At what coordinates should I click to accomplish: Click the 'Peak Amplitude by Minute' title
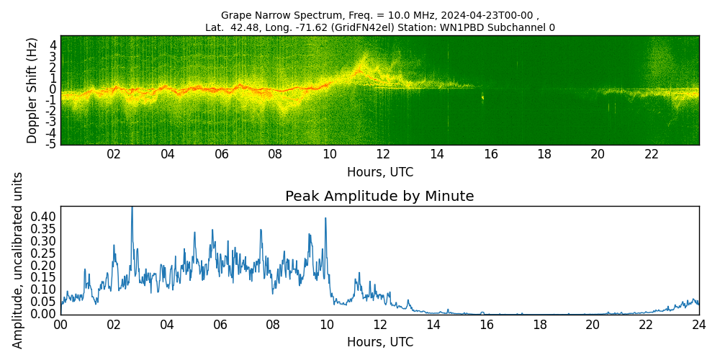(379, 196)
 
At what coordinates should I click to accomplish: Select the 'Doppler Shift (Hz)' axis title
(32, 91)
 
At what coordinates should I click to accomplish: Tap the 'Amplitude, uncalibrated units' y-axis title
(18, 260)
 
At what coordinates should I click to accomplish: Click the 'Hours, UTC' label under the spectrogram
(379, 172)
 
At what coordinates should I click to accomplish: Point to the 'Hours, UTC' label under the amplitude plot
(379, 342)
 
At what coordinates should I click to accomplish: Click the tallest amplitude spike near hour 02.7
(132, 209)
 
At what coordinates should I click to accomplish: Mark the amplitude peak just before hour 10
(325, 218)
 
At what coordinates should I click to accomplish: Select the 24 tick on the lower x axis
(698, 325)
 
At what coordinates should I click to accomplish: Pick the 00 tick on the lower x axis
(60, 325)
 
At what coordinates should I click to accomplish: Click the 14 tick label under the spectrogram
(437, 154)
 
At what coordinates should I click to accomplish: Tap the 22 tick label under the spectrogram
(652, 154)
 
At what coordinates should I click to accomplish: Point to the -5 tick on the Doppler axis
(52, 144)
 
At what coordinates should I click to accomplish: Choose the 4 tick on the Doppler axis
(53, 45)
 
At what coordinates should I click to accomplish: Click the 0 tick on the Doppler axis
(53, 89)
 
